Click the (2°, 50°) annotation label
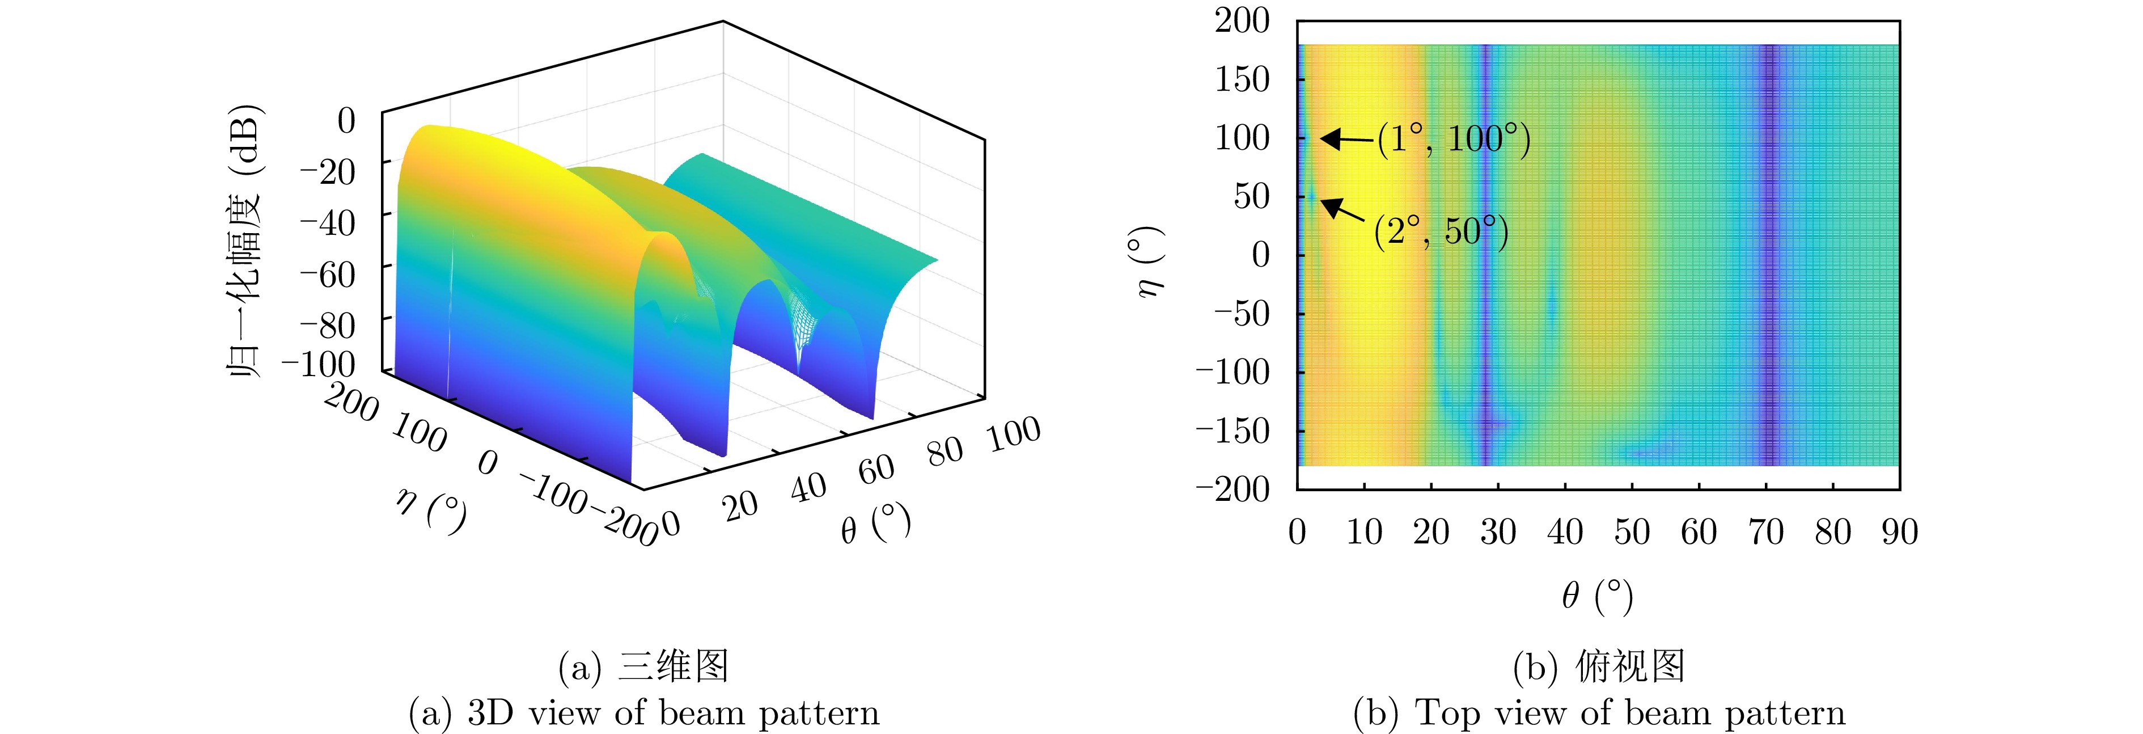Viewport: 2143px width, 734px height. (x=1441, y=231)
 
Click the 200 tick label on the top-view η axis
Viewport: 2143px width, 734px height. (x=1242, y=21)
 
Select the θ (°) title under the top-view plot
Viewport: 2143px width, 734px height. (x=1597, y=596)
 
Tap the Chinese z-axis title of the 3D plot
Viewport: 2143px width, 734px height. (x=244, y=241)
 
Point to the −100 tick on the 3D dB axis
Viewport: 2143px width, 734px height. (x=319, y=365)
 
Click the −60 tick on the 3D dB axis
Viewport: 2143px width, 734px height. (x=327, y=274)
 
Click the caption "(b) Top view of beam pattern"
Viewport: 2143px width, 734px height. (x=1599, y=713)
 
